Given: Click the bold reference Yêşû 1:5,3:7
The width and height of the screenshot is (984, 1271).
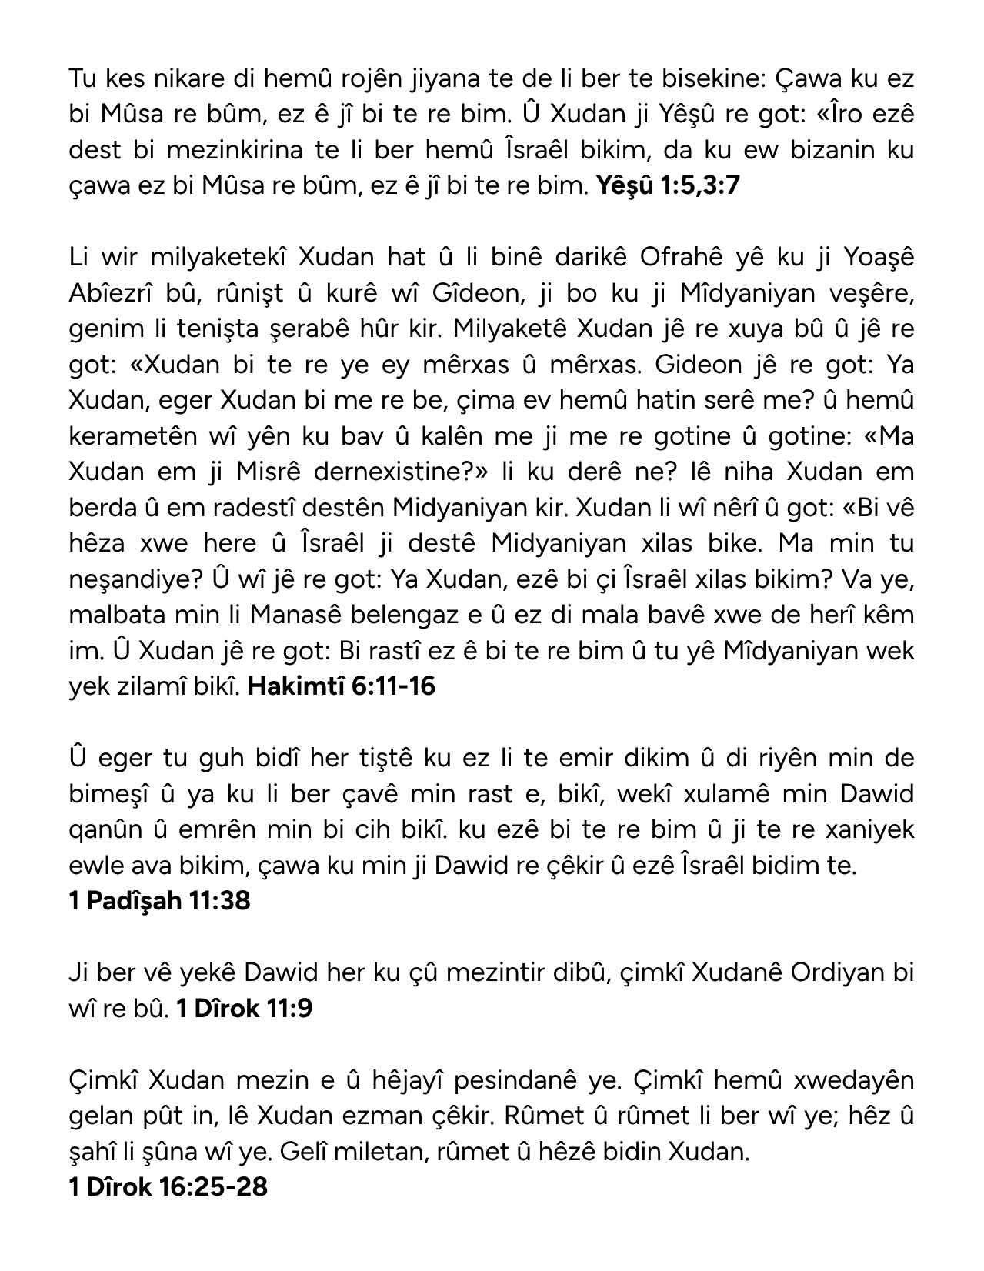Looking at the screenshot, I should point(667,185).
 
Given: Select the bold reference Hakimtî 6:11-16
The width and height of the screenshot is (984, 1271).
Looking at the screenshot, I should point(342,686).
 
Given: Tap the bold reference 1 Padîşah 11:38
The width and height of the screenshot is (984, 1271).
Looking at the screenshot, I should point(159,900).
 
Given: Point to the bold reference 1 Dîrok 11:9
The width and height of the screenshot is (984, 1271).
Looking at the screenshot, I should point(244,1008).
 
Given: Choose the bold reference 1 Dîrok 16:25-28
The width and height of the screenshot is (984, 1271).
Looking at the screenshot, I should point(168,1186).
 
